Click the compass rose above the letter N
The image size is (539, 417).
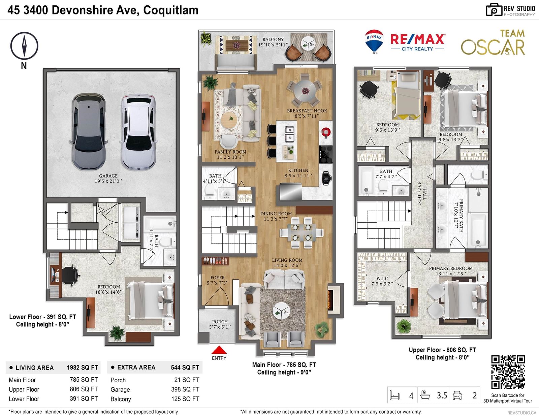[x=24, y=46]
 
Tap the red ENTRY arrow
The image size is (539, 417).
[x=219, y=350]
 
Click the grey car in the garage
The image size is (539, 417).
[x=89, y=131]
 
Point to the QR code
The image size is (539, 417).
[x=508, y=372]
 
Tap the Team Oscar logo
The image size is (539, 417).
[x=493, y=42]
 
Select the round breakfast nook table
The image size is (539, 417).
[x=305, y=91]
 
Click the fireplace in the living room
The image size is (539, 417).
[x=334, y=300]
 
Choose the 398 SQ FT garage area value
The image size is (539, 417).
[x=185, y=389]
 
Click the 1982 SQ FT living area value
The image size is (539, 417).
[x=82, y=367]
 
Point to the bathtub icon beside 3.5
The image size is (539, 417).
[x=425, y=395]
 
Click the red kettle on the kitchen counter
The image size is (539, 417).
[x=326, y=132]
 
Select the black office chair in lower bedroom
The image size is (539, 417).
[x=70, y=275]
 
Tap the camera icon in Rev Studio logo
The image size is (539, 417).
[x=494, y=10]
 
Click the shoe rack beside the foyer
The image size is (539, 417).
[x=215, y=261]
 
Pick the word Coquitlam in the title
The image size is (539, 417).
[x=171, y=10]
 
